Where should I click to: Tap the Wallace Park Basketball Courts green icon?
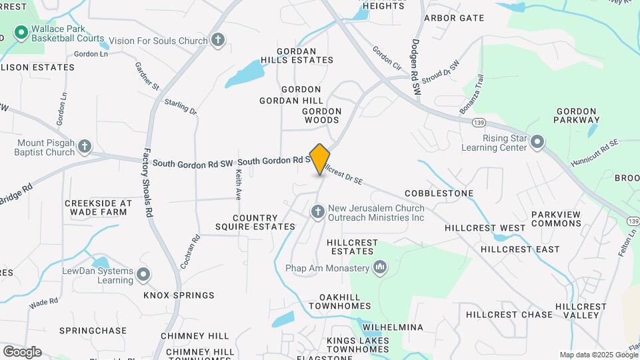click(21, 31)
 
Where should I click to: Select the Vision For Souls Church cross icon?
click(217, 41)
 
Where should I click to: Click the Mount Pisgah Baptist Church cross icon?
click(84, 145)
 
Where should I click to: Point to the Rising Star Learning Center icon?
click(538, 142)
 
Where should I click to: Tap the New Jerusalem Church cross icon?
click(318, 212)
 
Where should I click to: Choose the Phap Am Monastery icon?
click(380, 268)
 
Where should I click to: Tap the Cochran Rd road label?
click(189, 251)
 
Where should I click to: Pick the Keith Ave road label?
click(238, 184)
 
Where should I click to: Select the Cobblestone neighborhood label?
click(439, 193)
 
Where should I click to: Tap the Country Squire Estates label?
click(264, 222)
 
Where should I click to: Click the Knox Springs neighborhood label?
click(179, 295)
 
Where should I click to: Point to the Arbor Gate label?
click(454, 18)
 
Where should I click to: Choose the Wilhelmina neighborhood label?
click(393, 327)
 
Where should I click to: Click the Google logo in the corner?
click(22, 351)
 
